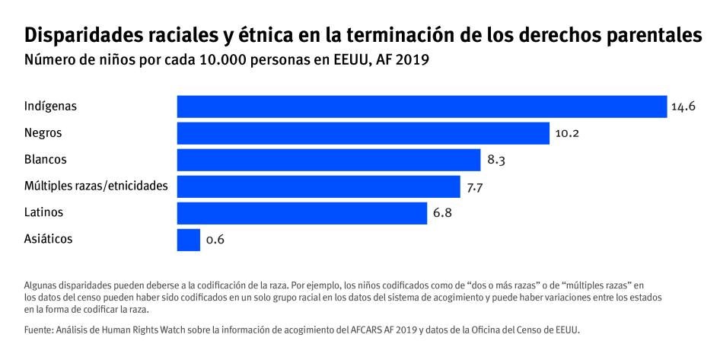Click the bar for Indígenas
pos(422,107)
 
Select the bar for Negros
pos(363,133)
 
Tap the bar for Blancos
pos(329,160)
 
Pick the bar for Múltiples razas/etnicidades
pos(318,186)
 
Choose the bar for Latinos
pos(301,213)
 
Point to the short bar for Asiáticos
pos(188,240)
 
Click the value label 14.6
pos(683,107)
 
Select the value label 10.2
pos(567,134)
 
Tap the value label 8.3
pos(496,161)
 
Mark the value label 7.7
pos(476,187)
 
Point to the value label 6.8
pos(442,214)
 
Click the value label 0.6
pos(215,241)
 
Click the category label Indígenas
pos(51,107)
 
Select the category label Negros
pos(43,133)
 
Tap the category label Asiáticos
pos(49,239)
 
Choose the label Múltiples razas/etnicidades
pos(96,186)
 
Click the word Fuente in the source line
pos(40,330)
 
